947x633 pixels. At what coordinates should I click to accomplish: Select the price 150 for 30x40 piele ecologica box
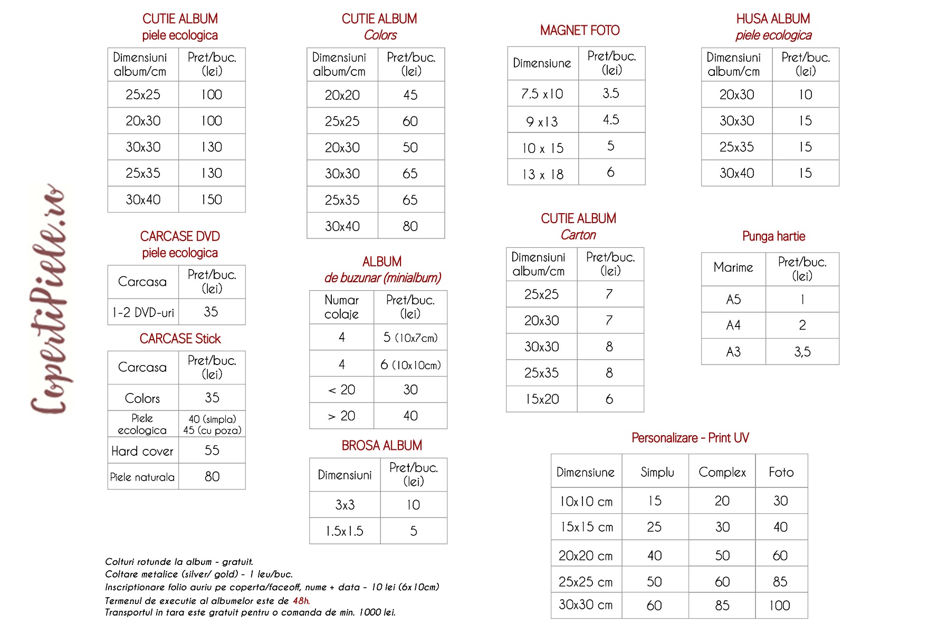pos(212,199)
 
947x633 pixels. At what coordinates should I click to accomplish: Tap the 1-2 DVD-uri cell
pos(143,312)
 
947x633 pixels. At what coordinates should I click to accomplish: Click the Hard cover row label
pos(142,451)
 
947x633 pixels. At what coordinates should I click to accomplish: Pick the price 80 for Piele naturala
pos(212,477)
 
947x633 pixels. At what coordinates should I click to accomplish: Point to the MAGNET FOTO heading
pos(579,31)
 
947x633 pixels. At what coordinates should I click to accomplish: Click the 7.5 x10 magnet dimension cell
pos(542,94)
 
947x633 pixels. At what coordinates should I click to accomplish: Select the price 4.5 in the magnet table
pos(611,120)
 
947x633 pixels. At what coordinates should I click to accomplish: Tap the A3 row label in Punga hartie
pos(733,352)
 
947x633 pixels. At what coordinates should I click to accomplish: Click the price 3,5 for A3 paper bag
pos(802,352)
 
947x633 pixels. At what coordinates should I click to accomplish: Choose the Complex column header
pos(722,472)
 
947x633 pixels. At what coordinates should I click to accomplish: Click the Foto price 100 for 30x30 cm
pos(780,606)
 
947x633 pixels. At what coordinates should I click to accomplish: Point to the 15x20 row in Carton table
pos(542,399)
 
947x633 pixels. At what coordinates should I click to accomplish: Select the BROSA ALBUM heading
pos(381,446)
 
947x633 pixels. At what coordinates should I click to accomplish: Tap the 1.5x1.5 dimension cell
pos(345,531)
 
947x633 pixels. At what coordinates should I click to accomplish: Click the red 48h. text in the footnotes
pos(301,601)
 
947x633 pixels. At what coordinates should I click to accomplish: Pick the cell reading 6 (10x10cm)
pos(410,365)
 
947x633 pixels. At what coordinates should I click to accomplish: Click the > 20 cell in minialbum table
pos(341,416)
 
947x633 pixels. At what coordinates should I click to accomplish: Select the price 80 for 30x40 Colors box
pos(410,226)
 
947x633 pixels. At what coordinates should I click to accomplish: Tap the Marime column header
pos(733,267)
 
